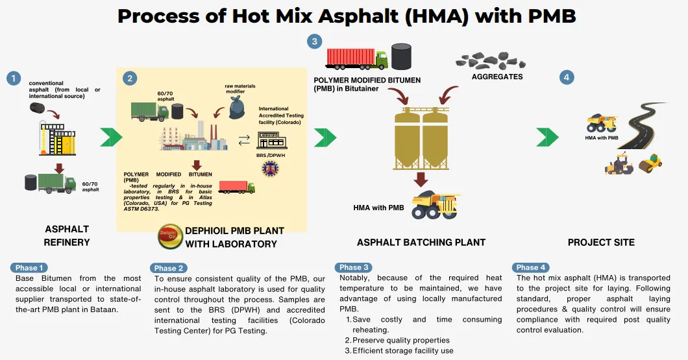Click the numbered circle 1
(x=13, y=78)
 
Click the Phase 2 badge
(x=169, y=268)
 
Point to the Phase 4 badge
(x=530, y=267)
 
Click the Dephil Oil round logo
(x=170, y=237)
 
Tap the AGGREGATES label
(x=497, y=77)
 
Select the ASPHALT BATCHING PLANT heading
(x=421, y=243)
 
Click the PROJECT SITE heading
(x=601, y=243)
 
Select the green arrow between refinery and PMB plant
(x=110, y=138)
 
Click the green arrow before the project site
(x=547, y=138)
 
